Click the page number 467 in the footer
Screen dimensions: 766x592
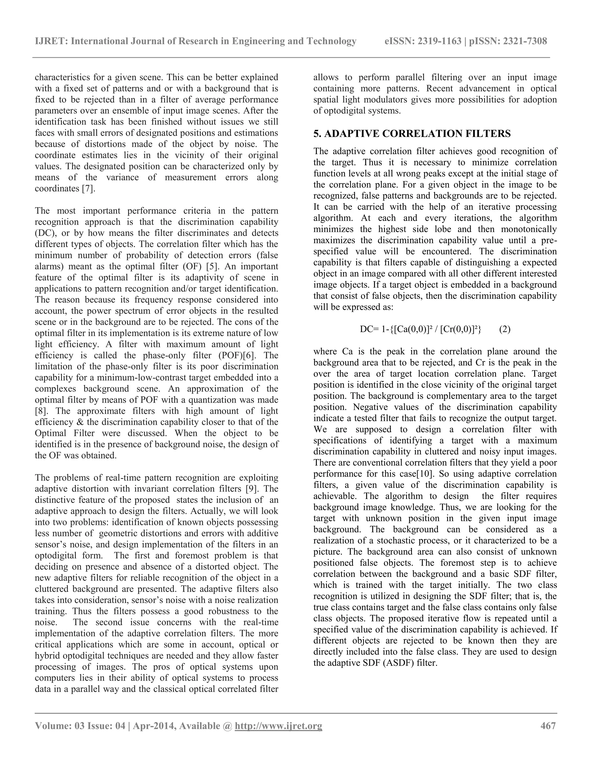pos(548,725)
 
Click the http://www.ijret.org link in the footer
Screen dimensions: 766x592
pos(278,725)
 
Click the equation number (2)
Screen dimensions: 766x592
pos(505,329)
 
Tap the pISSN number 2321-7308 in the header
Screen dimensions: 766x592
pos(525,41)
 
